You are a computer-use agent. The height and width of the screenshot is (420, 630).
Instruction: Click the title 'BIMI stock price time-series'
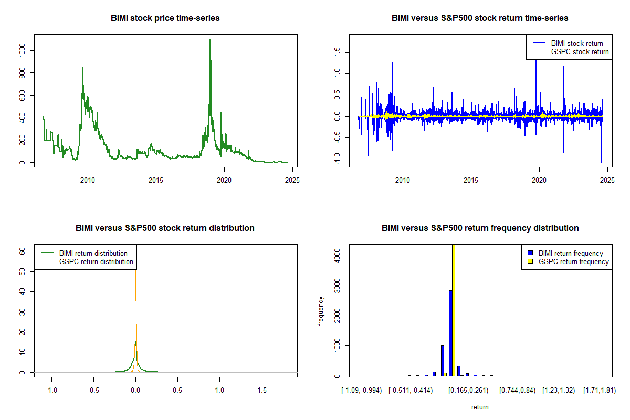coord(165,18)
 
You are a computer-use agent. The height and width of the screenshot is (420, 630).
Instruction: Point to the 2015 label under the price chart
coord(156,181)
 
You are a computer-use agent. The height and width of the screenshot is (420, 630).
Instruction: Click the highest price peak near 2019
coord(209,40)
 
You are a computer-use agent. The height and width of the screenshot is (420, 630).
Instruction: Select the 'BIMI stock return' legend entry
coord(576,43)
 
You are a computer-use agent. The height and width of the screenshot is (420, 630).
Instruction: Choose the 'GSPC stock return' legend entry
coord(580,52)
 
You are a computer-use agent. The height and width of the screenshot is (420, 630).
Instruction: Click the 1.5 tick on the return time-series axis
coord(338,51)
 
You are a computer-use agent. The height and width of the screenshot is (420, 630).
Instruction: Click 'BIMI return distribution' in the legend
coord(93,253)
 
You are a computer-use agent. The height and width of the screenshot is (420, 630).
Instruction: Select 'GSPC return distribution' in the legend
coord(96,261)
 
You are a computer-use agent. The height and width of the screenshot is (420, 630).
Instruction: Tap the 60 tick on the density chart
coord(23,251)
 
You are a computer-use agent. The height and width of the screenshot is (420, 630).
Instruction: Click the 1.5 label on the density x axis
coord(262,391)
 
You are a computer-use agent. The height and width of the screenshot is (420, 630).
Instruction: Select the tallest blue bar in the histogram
coord(450,333)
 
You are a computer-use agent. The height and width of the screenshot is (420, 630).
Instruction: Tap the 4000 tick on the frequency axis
coord(338,256)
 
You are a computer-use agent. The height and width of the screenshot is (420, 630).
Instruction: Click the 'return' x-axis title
coord(480,407)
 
